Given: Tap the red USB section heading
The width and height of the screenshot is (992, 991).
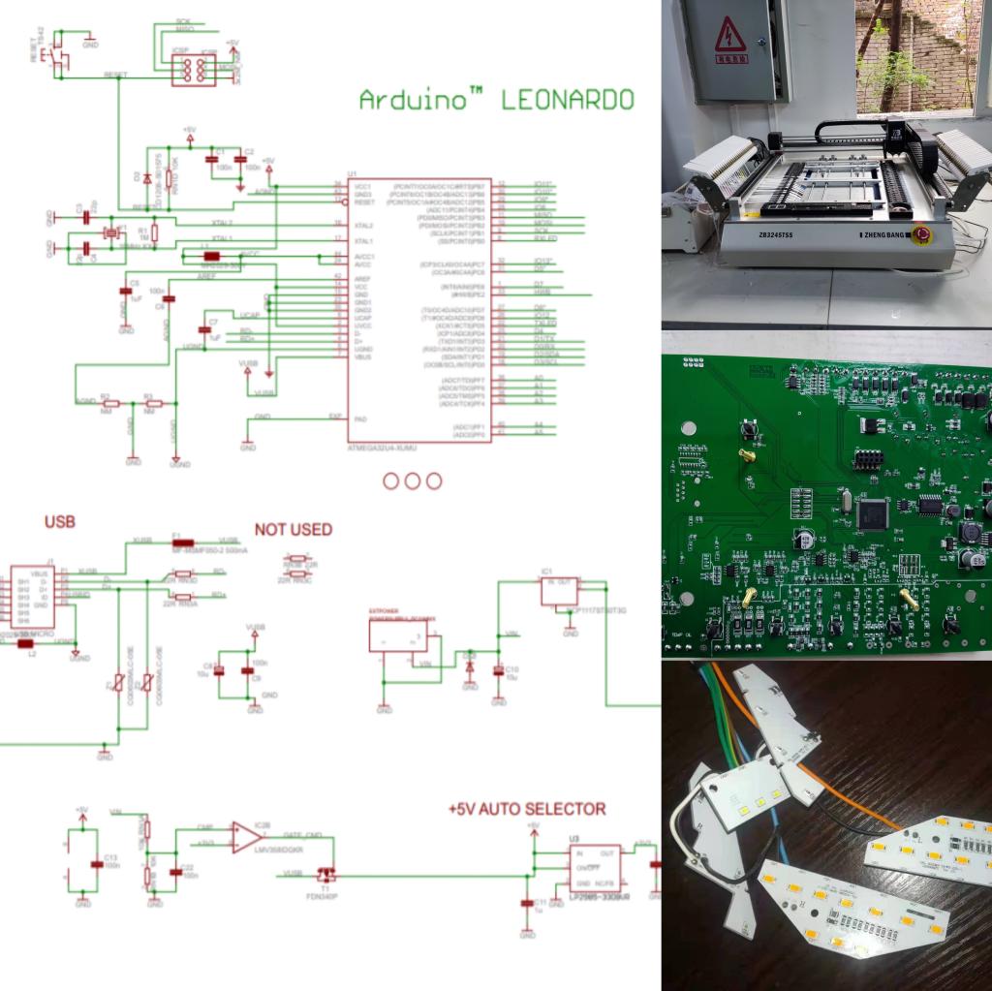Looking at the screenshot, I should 60,522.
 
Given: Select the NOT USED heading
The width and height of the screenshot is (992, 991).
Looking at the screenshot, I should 293,530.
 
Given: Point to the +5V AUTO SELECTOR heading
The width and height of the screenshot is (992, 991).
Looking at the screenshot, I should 527,808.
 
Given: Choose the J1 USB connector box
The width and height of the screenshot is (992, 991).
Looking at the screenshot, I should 29,600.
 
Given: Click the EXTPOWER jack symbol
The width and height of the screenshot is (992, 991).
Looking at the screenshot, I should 398,635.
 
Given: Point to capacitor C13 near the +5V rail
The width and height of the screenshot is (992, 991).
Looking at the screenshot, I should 95,864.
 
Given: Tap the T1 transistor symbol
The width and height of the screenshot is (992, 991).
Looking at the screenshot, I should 326,874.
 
